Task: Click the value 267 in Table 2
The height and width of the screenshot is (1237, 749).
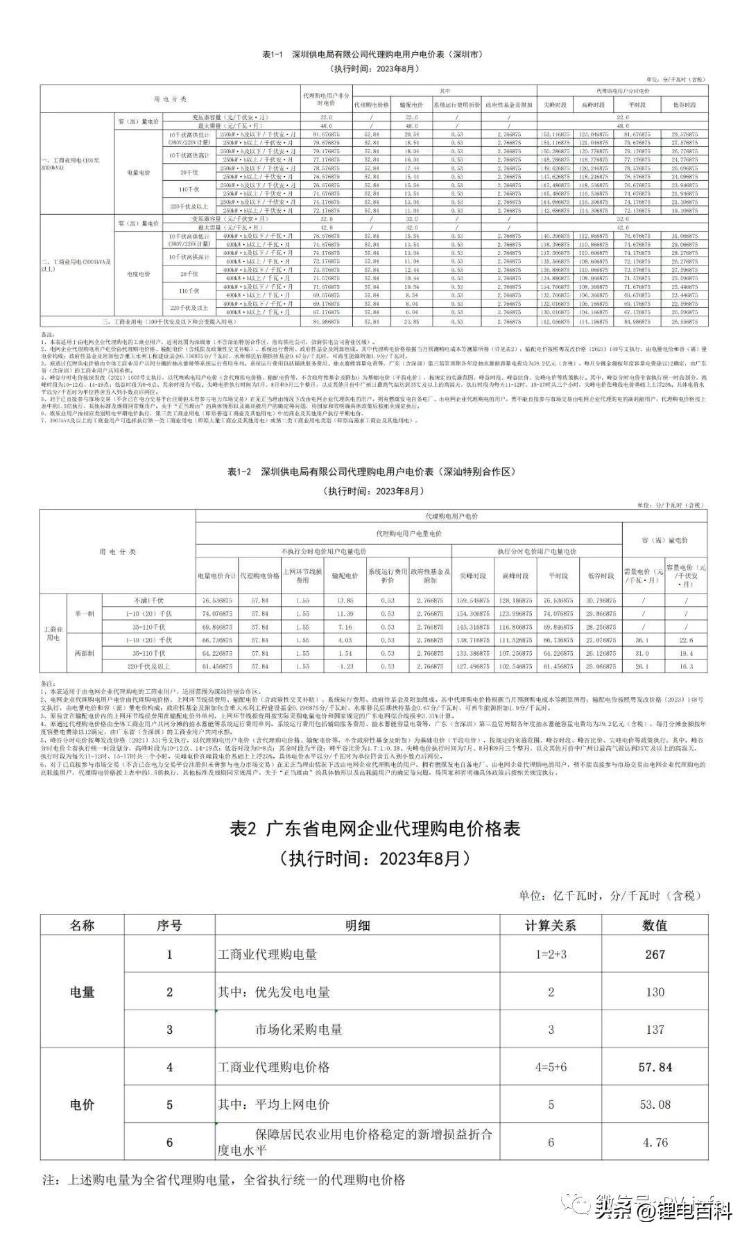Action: coord(655,954)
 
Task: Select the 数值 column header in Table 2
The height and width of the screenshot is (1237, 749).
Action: coord(655,925)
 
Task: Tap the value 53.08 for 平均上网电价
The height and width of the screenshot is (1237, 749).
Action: coord(655,1105)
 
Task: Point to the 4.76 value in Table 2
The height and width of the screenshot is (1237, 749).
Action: coord(655,1142)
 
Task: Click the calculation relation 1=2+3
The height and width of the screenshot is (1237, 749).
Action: coord(551,954)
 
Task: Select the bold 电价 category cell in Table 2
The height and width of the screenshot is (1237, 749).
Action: coord(82,1105)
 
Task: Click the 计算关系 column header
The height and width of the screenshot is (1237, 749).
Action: coord(551,925)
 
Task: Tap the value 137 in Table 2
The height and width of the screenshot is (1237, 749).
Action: coord(655,1030)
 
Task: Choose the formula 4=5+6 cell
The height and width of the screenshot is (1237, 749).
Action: coord(551,1067)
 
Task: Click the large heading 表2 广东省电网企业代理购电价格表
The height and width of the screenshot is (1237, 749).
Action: coord(374,829)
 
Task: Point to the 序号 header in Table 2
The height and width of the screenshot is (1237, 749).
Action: coord(169,925)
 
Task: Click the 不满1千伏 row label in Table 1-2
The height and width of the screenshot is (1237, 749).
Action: coord(149,600)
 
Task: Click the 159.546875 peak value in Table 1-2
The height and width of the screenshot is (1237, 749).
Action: coord(472,600)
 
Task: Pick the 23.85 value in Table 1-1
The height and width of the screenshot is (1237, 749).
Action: coord(412,321)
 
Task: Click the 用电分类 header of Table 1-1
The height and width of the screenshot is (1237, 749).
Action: coord(170,99)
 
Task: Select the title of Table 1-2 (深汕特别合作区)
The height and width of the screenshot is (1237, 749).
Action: coord(372,472)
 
